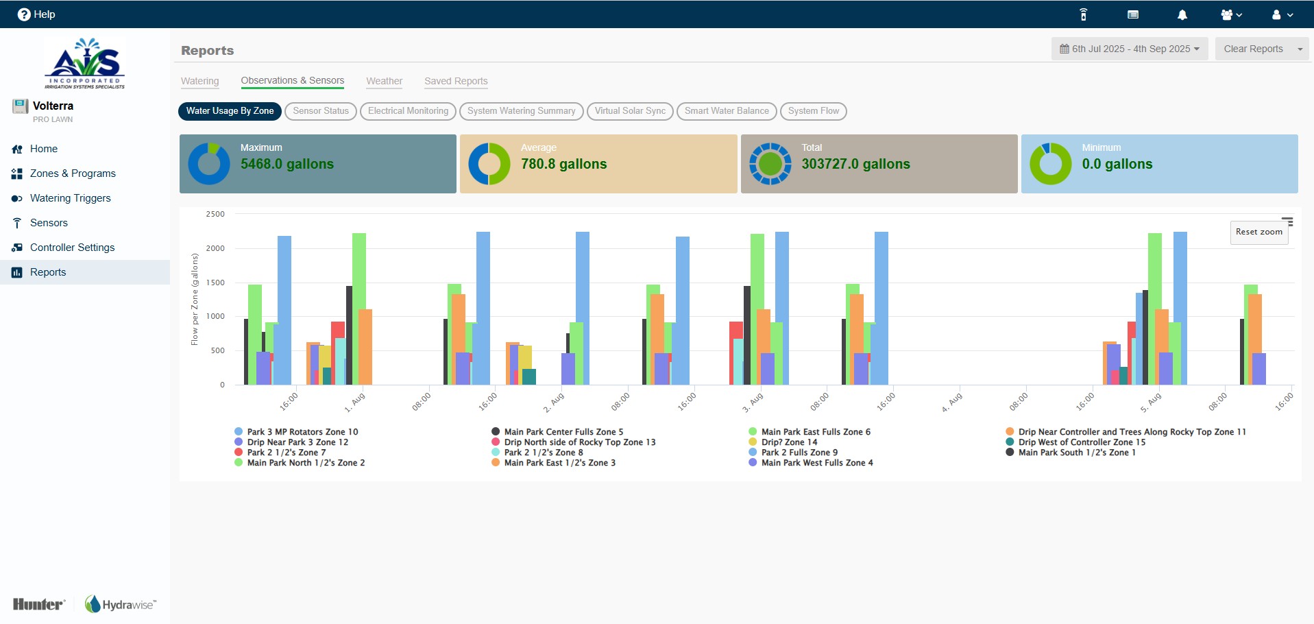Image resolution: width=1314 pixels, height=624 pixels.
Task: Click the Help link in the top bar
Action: click(x=36, y=14)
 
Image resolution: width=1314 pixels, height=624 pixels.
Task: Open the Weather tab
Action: click(x=384, y=81)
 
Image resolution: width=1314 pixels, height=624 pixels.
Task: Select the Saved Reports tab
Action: click(x=456, y=81)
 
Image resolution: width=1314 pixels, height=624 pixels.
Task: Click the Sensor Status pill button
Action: click(x=321, y=111)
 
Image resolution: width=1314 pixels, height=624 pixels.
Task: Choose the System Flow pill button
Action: click(x=814, y=111)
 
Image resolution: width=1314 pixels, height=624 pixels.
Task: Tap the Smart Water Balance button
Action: click(x=727, y=111)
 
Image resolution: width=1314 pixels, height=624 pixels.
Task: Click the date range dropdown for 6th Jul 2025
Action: click(x=1130, y=49)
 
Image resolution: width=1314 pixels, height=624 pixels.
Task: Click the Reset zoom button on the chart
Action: click(x=1259, y=232)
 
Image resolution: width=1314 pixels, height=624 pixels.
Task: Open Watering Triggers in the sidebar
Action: click(x=70, y=198)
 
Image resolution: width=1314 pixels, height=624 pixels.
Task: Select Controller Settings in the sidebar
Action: click(x=72, y=248)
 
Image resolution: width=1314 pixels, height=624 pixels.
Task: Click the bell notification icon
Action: click(x=1182, y=14)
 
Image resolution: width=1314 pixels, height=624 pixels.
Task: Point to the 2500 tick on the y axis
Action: click(x=215, y=214)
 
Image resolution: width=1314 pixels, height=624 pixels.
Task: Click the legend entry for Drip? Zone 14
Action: click(x=789, y=442)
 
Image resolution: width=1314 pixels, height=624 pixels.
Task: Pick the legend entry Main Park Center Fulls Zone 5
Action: click(x=563, y=432)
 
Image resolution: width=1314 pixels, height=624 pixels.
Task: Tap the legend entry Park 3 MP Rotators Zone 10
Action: click(x=302, y=432)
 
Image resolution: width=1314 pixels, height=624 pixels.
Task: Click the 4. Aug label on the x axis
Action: click(x=952, y=402)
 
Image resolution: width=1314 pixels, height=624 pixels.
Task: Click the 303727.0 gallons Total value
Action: click(x=855, y=164)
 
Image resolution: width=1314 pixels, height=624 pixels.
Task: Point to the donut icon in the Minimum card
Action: click(x=1050, y=164)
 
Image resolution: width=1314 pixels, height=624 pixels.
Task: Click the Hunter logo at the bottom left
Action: click(x=39, y=604)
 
